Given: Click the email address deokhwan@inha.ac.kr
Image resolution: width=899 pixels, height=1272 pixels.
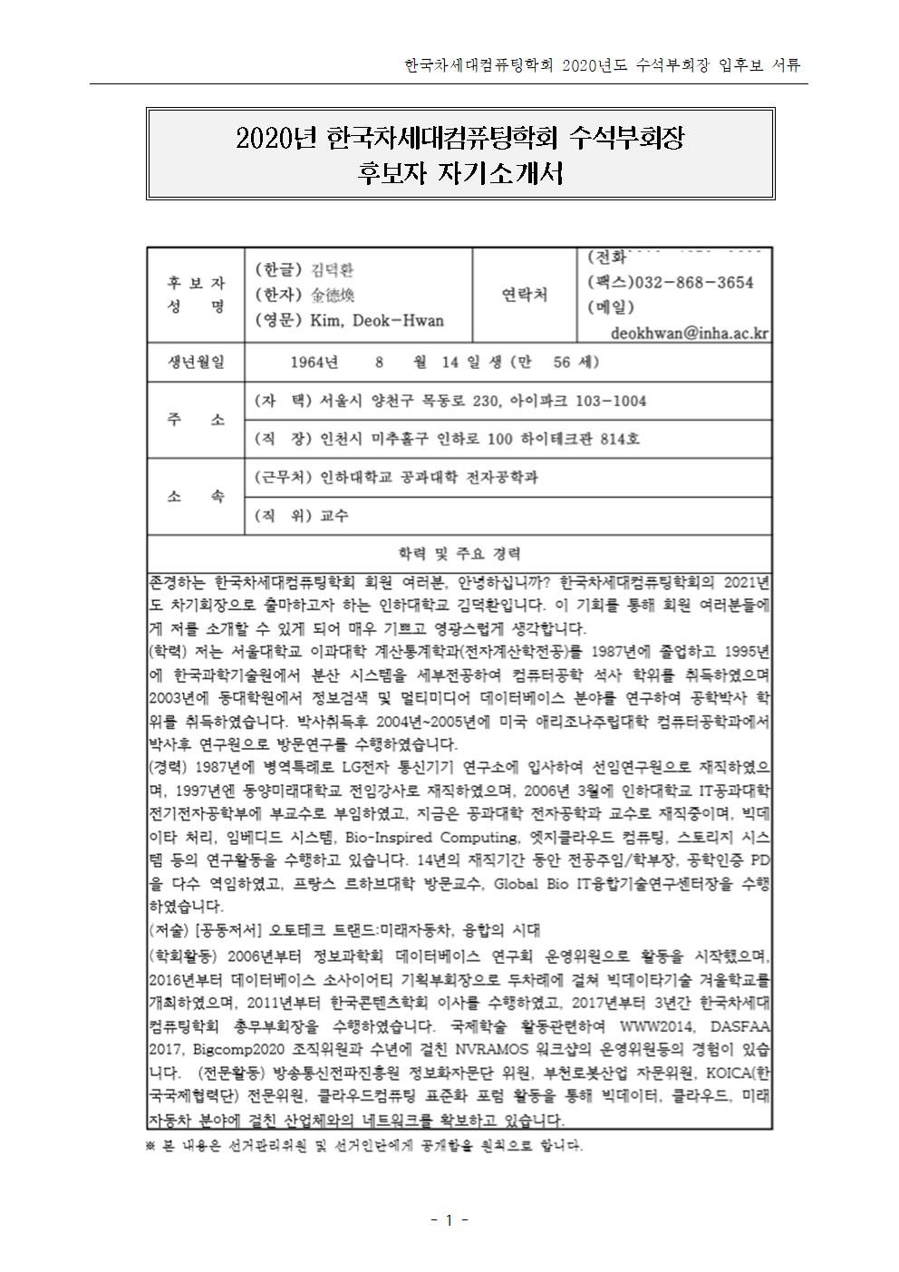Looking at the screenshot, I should (690, 333).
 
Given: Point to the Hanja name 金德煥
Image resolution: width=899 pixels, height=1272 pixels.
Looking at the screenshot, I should (333, 295).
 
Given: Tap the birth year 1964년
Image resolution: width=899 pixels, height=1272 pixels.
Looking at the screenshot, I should (314, 363).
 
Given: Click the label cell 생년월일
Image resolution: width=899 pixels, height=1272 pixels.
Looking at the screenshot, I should (194, 363).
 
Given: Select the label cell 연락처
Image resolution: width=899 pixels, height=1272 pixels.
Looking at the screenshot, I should (524, 295).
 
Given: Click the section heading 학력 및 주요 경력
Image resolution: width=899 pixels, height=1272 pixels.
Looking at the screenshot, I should (459, 553).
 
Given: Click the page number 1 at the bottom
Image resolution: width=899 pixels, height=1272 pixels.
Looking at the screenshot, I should (449, 1219).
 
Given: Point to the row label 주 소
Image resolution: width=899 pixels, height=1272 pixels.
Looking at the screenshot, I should (194, 420).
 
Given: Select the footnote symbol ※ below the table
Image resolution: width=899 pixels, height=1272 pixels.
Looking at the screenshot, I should (151, 1145).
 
